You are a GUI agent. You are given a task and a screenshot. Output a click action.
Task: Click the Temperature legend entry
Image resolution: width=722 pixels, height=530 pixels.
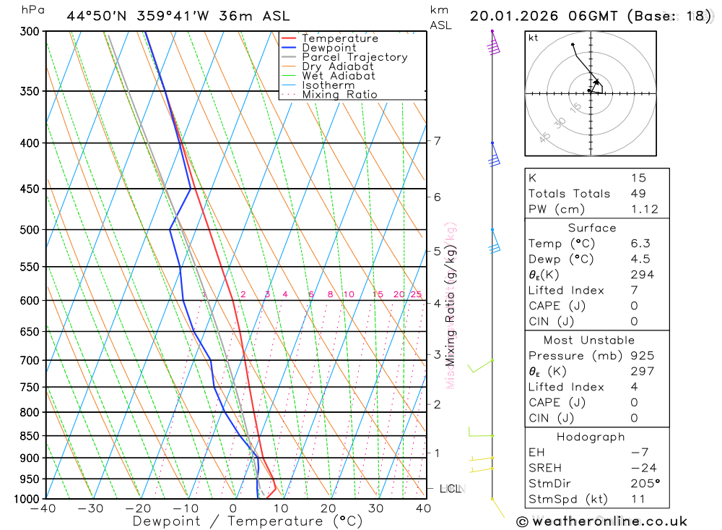[x=339, y=38]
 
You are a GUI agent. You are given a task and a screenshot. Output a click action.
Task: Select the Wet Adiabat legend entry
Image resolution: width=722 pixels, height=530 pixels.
[x=338, y=76]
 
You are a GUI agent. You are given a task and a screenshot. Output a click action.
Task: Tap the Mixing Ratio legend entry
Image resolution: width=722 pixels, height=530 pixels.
[x=339, y=94]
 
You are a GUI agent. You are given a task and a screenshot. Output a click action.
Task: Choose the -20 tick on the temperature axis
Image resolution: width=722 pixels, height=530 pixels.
[x=138, y=509]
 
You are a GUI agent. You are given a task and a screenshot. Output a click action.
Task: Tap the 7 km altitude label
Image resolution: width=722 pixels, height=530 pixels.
[x=438, y=141]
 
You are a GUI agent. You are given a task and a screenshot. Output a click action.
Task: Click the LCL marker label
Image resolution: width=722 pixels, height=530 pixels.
[x=451, y=489]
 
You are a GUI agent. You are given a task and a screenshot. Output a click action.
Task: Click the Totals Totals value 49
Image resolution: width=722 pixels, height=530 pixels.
[x=638, y=193]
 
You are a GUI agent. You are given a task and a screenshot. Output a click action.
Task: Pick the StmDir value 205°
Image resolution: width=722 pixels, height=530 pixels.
[x=642, y=483]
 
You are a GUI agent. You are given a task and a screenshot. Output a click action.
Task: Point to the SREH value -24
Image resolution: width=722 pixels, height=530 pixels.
[x=640, y=468]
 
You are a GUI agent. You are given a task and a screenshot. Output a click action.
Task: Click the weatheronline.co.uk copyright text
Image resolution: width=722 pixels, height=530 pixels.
[x=601, y=521]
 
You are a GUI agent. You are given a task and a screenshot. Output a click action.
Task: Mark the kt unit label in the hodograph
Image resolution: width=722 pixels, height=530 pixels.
[x=534, y=38]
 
